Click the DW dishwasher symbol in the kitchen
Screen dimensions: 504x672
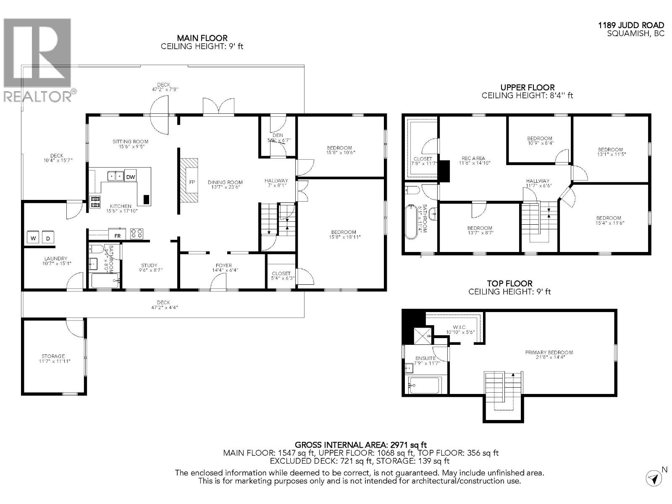point(131,177)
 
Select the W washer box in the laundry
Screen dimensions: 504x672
point(33,238)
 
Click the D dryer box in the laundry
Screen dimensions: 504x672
point(47,238)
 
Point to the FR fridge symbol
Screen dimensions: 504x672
point(118,236)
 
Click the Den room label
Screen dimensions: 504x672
point(278,135)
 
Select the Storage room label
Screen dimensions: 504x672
point(53,356)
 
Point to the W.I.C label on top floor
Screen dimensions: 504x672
point(459,327)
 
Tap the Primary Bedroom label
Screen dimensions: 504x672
point(549,352)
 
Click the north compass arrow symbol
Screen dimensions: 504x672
point(653,478)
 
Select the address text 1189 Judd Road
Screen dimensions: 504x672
point(631,26)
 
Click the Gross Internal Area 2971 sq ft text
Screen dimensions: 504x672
point(361,444)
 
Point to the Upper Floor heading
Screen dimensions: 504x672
point(527,87)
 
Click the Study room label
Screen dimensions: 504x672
point(149,265)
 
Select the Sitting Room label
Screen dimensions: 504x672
point(130,142)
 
